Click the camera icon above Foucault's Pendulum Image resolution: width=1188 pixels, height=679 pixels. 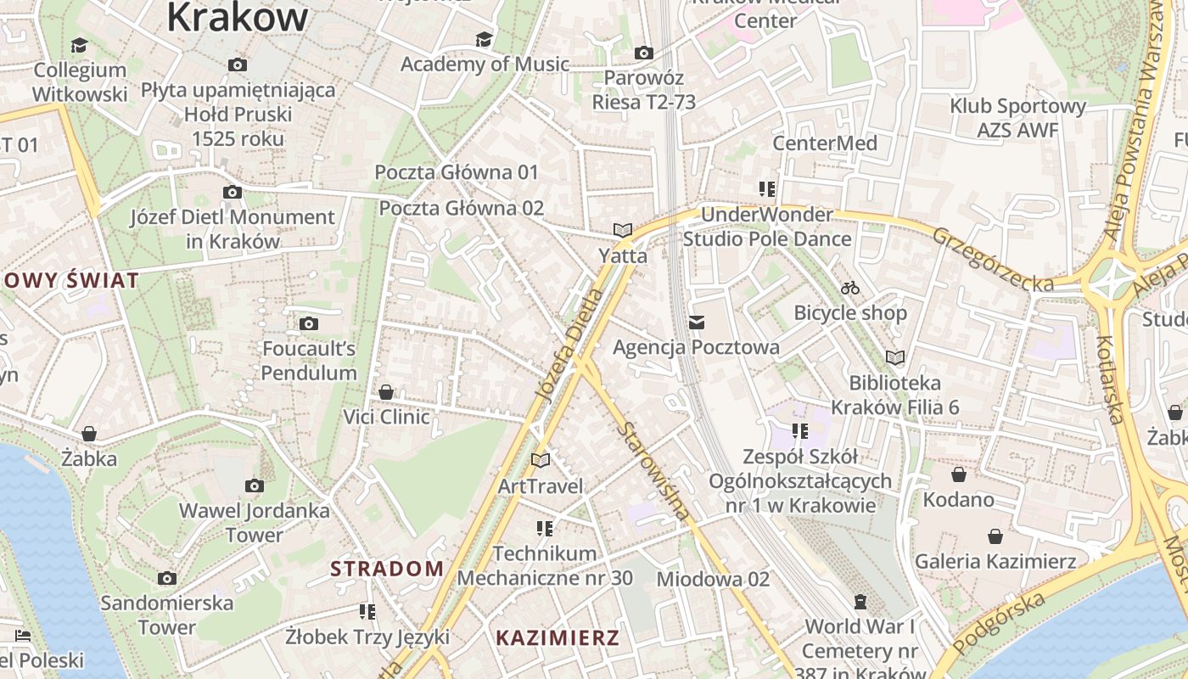pyautogui.click(x=309, y=323)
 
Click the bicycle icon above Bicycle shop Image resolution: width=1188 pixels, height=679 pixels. pyautogui.click(x=850, y=289)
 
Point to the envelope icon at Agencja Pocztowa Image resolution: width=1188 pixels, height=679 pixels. pyautogui.click(x=697, y=323)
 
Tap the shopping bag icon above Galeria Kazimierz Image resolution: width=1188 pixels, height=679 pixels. pyautogui.click(x=995, y=536)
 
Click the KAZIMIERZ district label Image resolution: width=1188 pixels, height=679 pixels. pyautogui.click(x=558, y=638)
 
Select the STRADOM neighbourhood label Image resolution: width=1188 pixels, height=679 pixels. pyautogui.click(x=387, y=569)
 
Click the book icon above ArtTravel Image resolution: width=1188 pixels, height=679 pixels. pyautogui.click(x=541, y=460)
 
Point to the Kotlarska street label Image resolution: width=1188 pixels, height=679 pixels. pyautogui.click(x=1111, y=379)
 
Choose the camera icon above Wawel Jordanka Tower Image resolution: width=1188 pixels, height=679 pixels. pyautogui.click(x=254, y=486)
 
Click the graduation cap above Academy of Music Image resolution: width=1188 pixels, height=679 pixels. pyautogui.click(x=484, y=40)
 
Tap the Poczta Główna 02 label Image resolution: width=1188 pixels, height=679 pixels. pyautogui.click(x=461, y=208)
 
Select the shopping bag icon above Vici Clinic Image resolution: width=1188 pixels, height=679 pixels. pyautogui.click(x=386, y=392)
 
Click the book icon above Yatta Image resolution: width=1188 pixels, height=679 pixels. pyautogui.click(x=623, y=230)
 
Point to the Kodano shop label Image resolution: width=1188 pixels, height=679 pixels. pyautogui.click(x=958, y=499)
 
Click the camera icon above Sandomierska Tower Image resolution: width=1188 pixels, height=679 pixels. pyautogui.click(x=167, y=578)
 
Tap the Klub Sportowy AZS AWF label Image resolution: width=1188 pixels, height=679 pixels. pyautogui.click(x=1017, y=118)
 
